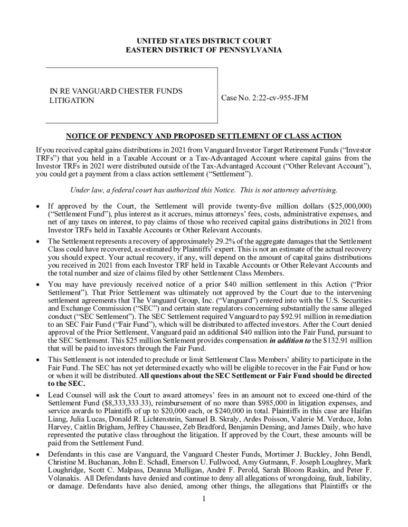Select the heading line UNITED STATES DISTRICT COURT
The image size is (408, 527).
(204, 41)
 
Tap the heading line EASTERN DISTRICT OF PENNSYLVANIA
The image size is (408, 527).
(204, 50)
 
